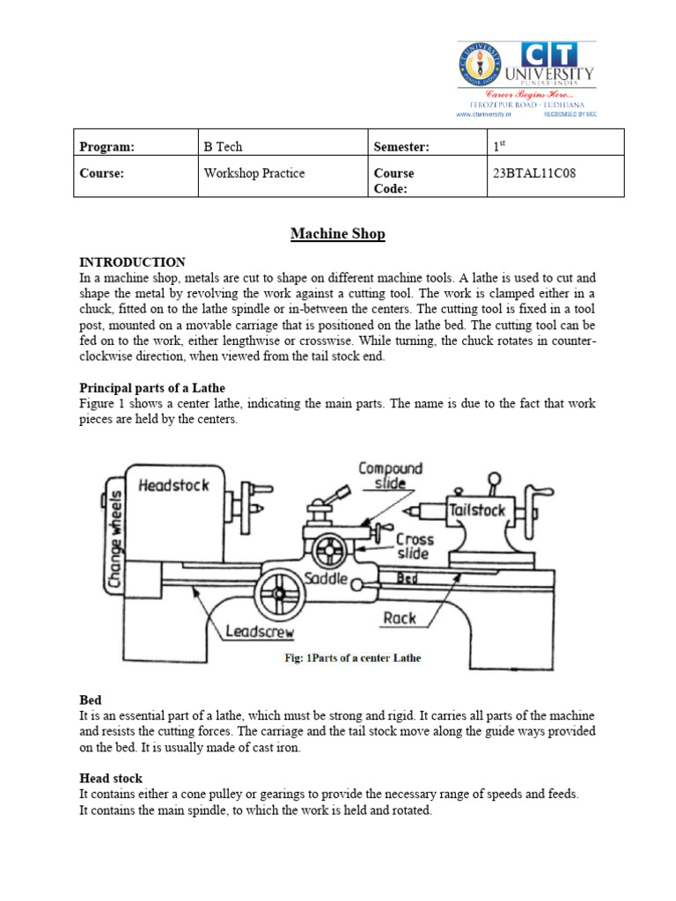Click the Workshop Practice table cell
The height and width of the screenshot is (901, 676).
pyautogui.click(x=253, y=173)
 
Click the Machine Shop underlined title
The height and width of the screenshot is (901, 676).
pyautogui.click(x=338, y=234)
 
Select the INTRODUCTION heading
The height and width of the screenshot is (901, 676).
pyautogui.click(x=132, y=262)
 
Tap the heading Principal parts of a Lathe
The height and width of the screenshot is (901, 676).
pyautogui.click(x=152, y=388)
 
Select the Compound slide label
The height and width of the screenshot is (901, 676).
pyautogui.click(x=390, y=476)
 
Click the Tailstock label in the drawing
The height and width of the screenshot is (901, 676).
pyautogui.click(x=476, y=510)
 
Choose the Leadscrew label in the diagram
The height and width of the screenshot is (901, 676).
pyautogui.click(x=260, y=631)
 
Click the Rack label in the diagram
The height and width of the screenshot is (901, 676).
pyautogui.click(x=400, y=619)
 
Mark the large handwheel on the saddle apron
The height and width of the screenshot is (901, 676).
pyautogui.click(x=281, y=596)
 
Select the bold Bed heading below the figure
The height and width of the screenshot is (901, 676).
pyautogui.click(x=91, y=700)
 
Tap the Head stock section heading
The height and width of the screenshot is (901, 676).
pyautogui.click(x=111, y=779)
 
